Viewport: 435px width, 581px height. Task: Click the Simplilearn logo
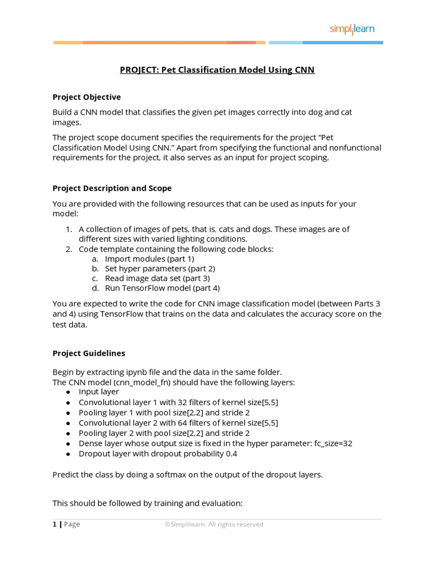coord(352,29)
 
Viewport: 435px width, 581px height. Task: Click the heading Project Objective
coord(87,97)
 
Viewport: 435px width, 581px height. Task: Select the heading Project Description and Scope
coord(112,188)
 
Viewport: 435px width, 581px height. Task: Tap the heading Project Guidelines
coord(89,353)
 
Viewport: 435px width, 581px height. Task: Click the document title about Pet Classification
coord(217,70)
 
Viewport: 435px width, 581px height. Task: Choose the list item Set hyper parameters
coord(160,268)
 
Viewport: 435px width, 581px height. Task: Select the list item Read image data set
coord(157,278)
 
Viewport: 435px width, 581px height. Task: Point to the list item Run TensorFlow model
coord(162,288)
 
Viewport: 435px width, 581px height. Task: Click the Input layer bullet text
coord(99,391)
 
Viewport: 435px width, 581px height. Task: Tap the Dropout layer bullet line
coord(158,453)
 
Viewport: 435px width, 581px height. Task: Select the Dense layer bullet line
coord(215,443)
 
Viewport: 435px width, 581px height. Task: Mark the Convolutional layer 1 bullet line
coord(178,402)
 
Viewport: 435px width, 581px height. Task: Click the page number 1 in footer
coord(54,524)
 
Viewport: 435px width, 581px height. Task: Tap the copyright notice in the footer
coord(214,524)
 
